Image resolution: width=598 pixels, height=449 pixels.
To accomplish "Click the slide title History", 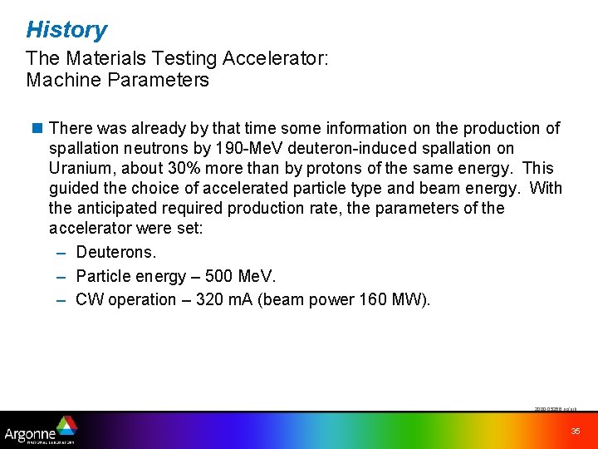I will [66, 30].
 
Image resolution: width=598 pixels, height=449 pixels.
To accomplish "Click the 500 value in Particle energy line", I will [208, 276].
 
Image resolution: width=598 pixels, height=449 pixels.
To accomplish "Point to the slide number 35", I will [575, 431].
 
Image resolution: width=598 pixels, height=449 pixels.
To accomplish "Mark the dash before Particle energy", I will [61, 276].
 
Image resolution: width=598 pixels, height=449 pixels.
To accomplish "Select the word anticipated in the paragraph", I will [117, 208].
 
